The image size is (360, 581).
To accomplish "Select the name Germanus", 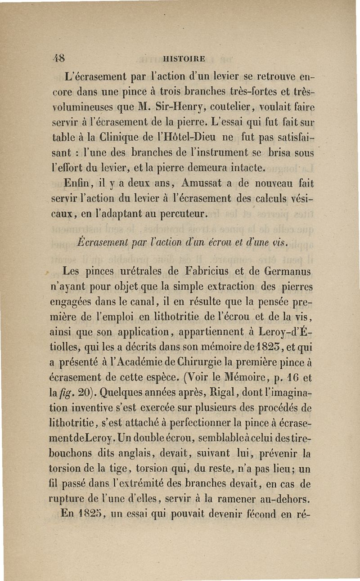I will [279, 272].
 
